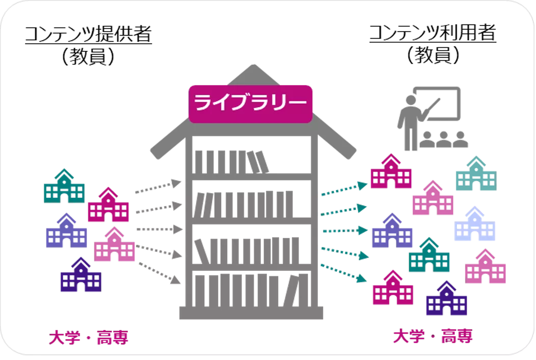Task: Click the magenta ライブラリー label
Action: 250,104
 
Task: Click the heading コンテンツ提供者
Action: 89,34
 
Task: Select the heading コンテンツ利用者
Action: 433,33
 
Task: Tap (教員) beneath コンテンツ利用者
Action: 433,55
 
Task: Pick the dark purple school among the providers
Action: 81,274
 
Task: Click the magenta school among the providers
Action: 109,204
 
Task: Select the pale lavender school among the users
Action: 475,223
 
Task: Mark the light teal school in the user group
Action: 476,173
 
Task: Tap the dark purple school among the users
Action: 447,298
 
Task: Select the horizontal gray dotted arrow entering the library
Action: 159,229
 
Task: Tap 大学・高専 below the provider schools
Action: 89,338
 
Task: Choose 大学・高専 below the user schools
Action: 433,336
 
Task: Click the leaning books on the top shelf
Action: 258,162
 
